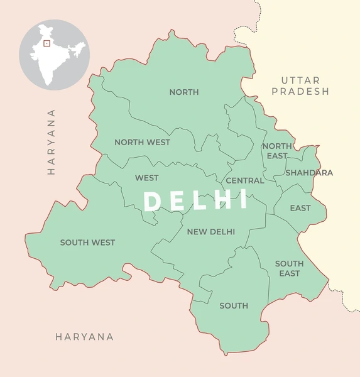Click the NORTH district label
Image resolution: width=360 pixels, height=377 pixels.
[184, 92]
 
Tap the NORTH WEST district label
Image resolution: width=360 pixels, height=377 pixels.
[142, 142]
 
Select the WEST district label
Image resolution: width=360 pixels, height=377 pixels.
[146, 178]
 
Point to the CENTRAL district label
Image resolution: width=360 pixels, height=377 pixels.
[245, 180]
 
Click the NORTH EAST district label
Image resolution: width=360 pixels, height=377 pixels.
[276, 151]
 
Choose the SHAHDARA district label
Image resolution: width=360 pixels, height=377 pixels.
[309, 173]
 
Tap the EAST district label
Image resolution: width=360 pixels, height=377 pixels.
[300, 208]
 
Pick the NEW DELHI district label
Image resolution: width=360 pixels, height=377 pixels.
[211, 232]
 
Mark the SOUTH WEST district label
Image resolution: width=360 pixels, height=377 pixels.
[87, 243]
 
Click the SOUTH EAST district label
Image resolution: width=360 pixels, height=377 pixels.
[289, 268]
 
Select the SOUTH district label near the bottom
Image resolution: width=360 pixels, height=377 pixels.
[234, 306]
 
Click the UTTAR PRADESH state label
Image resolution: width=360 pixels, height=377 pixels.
[305, 85]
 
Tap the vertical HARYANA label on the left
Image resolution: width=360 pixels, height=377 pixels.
[52, 141]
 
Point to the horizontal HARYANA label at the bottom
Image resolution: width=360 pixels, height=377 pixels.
[85, 337]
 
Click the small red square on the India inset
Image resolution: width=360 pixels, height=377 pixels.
[46, 44]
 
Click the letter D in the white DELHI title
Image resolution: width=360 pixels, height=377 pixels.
[151, 201]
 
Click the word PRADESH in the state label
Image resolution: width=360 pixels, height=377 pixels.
[305, 91]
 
